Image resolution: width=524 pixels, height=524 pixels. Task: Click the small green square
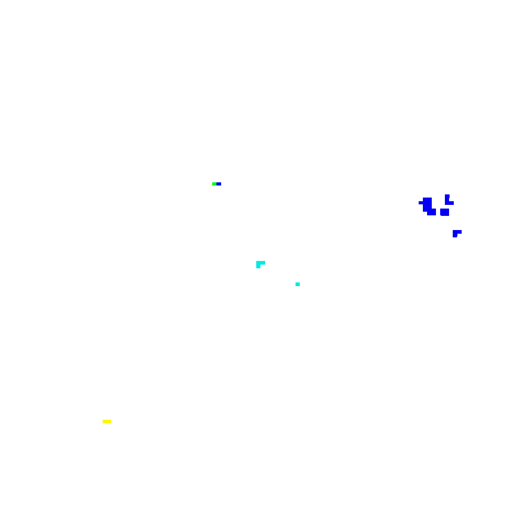[214, 184]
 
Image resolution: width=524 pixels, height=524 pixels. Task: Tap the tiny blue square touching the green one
[219, 184]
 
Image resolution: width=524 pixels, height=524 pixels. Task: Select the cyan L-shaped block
[259, 264]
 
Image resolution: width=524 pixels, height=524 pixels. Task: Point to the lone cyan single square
[298, 284]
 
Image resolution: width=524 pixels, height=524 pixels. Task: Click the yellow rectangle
[107, 421]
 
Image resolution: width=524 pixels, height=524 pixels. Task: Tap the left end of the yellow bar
[104, 421]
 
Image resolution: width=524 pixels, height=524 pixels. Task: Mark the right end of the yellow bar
[110, 421]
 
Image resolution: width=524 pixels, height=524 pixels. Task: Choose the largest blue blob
[428, 205]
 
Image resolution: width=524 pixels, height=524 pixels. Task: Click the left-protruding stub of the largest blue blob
[420, 202]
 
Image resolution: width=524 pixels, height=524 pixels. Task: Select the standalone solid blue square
[444, 212]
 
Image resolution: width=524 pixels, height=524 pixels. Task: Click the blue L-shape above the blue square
[448, 201]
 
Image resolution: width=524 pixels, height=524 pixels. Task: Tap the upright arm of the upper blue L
[447, 198]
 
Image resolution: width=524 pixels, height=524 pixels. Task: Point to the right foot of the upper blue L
[451, 203]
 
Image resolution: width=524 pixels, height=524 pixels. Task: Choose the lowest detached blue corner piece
[456, 233]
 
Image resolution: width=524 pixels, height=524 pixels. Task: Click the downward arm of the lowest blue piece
[455, 235]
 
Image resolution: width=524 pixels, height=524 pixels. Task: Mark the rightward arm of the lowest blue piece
[459, 231]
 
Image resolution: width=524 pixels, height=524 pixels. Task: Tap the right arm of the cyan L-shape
[263, 263]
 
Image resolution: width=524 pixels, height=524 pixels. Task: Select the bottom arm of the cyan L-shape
[258, 266]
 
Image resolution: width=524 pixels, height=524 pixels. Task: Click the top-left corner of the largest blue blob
[424, 199]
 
